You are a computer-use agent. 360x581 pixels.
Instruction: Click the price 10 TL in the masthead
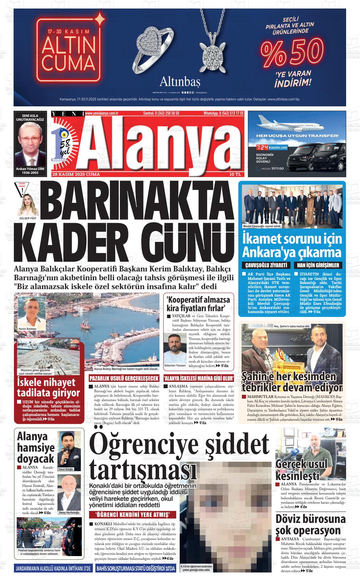click(235, 174)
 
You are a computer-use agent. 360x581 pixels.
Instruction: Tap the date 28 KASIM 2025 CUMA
click(76, 174)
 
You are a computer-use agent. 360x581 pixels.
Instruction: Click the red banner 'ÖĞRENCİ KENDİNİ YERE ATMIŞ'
click(133, 515)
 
